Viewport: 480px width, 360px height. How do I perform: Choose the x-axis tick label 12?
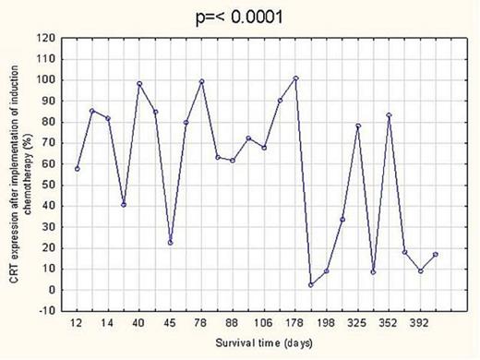(x=77, y=323)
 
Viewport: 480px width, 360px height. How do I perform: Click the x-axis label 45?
(x=170, y=323)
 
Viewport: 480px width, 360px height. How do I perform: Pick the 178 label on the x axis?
(x=294, y=323)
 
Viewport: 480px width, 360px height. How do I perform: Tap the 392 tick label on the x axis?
(x=420, y=323)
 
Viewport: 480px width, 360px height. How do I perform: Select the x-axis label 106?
(x=263, y=323)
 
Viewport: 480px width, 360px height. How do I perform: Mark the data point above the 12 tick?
(x=77, y=169)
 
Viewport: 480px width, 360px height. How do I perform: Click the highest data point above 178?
(x=295, y=78)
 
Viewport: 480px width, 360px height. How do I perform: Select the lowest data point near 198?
(x=311, y=284)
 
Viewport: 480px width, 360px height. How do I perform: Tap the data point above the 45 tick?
(x=170, y=243)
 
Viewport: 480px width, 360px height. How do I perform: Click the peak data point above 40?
(x=139, y=84)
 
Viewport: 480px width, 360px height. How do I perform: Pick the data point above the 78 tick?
(x=201, y=82)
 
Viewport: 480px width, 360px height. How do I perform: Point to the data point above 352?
(x=389, y=115)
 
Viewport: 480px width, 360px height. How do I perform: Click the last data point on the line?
(x=436, y=255)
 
